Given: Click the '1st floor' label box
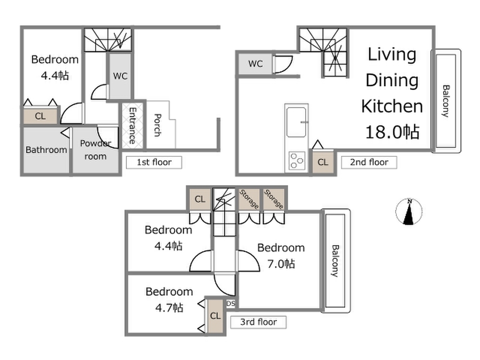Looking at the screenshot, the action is point(154,162).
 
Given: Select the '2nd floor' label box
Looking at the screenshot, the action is point(369,162).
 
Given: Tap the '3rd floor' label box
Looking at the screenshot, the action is point(258,322).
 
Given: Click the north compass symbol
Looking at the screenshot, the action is point(409,212).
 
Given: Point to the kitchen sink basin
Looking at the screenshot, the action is point(296,122).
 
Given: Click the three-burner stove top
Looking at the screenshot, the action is point(296,161).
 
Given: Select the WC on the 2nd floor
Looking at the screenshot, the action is point(256,63).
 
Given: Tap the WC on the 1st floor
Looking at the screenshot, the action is point(120,76).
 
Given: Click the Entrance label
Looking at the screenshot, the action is point(132,126).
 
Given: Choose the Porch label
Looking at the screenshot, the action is point(157,125).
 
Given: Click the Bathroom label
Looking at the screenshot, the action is point(46,150).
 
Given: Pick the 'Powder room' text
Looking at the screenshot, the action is point(95,150).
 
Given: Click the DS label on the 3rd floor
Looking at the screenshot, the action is point(231,303).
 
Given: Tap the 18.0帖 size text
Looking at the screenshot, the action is point(392,132).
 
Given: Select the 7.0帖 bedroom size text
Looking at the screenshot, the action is point(281,264).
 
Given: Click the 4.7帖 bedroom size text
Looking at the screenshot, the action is point(169,307).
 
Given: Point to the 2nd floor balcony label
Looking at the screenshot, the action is point(446,101).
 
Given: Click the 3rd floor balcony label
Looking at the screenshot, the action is point(335,261).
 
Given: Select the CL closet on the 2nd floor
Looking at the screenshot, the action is point(323,162).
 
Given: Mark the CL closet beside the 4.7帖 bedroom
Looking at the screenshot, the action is point(215,315).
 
